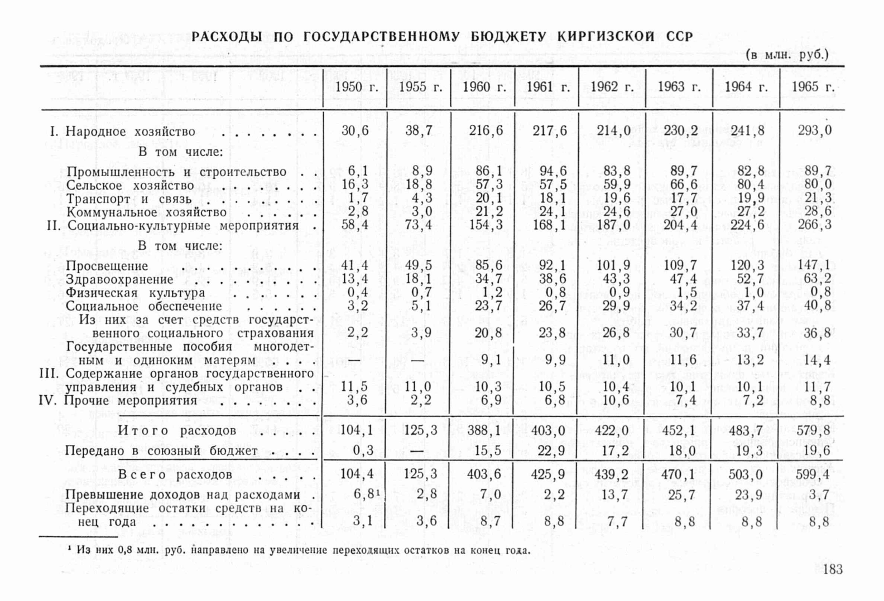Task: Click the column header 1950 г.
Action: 356,87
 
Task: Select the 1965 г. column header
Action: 813,87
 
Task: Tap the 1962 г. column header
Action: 612,87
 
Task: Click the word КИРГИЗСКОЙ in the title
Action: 606,37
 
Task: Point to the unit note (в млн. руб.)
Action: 787,55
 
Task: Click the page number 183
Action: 833,569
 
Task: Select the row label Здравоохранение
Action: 119,279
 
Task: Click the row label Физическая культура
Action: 135,293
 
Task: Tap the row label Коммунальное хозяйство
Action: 146,212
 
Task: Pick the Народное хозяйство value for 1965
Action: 814,130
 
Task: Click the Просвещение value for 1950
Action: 355,266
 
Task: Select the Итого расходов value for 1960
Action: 484,430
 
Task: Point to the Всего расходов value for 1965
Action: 813,474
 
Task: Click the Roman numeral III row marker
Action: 49,374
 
